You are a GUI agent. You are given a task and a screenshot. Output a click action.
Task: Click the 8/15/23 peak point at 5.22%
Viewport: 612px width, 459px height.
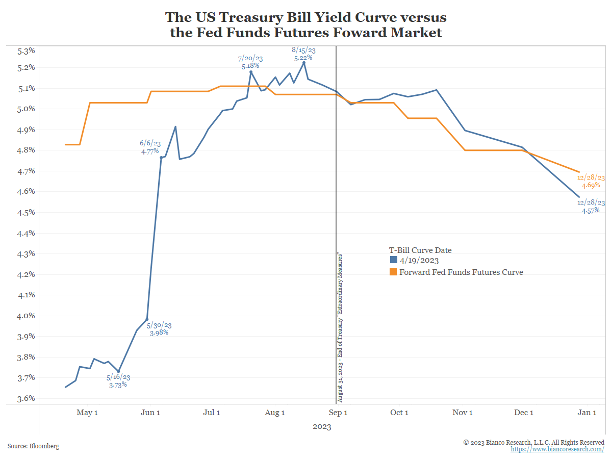304,63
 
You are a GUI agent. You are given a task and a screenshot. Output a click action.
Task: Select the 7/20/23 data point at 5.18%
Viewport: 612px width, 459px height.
251,72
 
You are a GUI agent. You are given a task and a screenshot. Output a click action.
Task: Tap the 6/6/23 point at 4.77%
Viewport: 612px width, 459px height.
161,158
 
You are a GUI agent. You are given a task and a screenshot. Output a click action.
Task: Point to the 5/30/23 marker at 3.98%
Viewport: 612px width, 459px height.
147,319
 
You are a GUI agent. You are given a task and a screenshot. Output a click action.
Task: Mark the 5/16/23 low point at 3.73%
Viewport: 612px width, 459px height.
119,371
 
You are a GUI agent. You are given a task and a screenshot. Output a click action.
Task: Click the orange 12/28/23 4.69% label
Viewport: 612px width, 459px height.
591,182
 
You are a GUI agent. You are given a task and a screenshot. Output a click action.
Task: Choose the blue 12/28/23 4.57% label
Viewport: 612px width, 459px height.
591,207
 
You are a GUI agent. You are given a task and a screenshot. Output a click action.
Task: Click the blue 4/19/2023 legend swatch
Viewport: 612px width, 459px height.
393,261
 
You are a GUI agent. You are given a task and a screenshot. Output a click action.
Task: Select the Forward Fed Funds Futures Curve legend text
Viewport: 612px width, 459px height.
461,272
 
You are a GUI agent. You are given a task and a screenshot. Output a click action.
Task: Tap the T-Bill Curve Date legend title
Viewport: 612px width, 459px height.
420,250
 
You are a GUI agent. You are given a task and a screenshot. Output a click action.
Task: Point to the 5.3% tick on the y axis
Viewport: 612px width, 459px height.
26,50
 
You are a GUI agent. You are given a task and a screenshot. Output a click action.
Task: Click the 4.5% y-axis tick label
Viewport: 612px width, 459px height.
26,212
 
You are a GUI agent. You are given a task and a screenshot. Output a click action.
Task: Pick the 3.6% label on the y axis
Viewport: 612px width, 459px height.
26,398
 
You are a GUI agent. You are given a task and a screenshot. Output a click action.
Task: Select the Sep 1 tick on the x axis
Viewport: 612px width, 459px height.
338,413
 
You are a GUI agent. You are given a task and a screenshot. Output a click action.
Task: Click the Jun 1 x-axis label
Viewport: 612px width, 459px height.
150,413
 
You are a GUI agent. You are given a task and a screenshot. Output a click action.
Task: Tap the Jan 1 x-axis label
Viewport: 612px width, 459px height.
587,413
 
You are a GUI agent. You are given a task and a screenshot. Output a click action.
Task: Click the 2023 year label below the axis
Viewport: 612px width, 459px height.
322,427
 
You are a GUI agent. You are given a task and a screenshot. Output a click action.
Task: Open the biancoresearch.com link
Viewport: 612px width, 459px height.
557,449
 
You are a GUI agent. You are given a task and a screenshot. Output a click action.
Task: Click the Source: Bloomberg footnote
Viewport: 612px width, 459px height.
33,446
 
